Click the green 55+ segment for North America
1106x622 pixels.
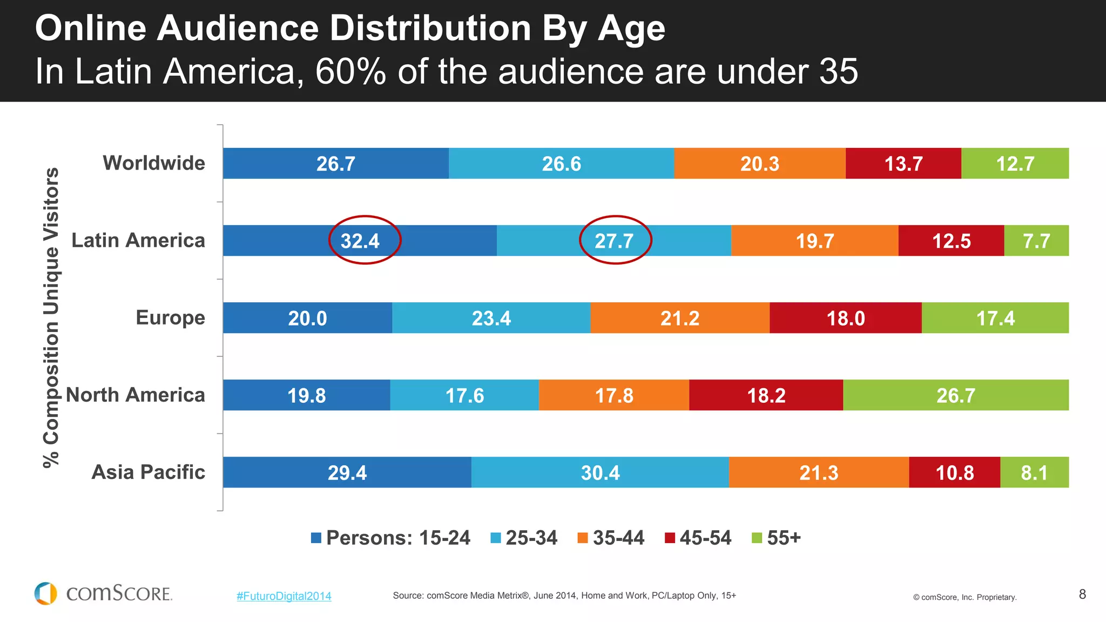tap(955, 395)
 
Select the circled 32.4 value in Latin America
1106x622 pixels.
tap(360, 241)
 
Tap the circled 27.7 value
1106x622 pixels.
tap(614, 241)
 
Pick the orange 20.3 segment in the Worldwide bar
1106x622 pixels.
tap(759, 164)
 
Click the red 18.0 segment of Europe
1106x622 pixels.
tap(845, 318)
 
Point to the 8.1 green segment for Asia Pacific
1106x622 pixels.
tap(1034, 472)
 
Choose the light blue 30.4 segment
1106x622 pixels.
tap(600, 472)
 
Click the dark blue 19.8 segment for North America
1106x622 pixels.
tap(306, 395)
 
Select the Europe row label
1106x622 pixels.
tap(170, 317)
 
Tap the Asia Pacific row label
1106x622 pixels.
tap(148, 472)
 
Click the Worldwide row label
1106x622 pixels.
tap(154, 163)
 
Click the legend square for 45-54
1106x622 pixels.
tap(670, 538)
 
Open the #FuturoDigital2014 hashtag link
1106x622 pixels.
tap(284, 596)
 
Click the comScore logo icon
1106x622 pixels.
tap(46, 593)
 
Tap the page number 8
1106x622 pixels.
tap(1082, 594)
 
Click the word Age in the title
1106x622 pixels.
tap(631, 28)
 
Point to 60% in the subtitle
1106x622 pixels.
tap(350, 71)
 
